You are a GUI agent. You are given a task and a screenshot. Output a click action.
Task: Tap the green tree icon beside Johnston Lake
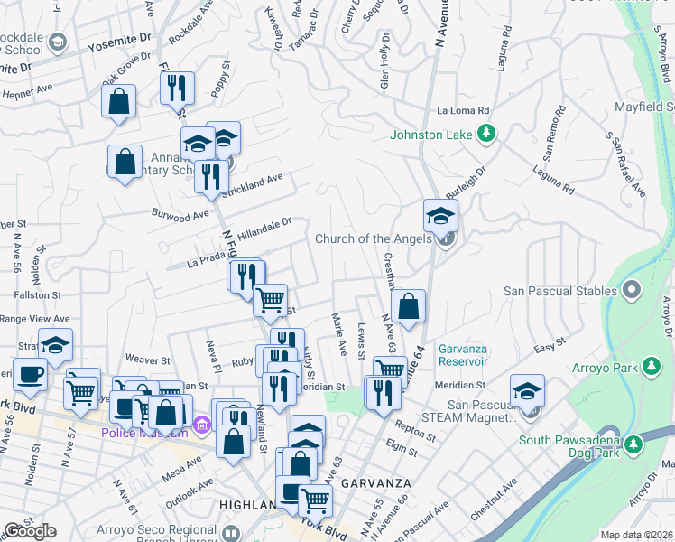[x=486, y=135]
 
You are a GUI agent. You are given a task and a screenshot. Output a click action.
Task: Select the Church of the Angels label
[x=373, y=239]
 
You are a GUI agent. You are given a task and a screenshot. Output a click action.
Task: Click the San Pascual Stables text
[x=559, y=291]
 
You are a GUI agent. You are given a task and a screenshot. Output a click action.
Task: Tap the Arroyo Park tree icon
[x=649, y=367]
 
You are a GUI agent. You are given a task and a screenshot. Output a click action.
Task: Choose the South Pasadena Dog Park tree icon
[x=633, y=443]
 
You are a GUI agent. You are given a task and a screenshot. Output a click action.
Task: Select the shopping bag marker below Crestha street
[x=409, y=305]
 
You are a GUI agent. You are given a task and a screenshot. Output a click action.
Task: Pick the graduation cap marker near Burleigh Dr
[x=441, y=216]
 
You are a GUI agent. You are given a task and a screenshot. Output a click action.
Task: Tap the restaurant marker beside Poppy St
[x=177, y=88]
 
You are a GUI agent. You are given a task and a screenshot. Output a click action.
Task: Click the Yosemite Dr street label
[x=118, y=44]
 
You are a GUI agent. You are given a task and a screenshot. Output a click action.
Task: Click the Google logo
[x=30, y=531]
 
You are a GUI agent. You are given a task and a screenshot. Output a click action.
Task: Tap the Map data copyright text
[x=635, y=535]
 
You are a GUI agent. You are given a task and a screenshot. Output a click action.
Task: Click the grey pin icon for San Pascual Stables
[x=631, y=290]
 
